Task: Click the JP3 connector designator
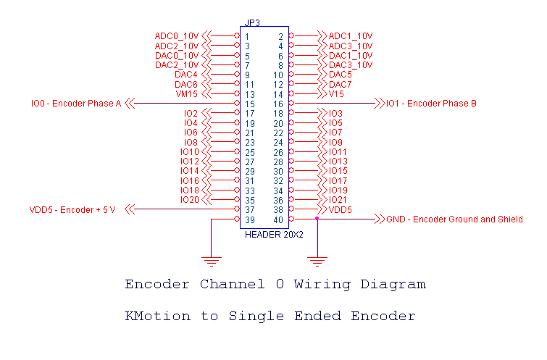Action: pyautogui.click(x=253, y=22)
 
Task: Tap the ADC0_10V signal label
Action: pyautogui.click(x=176, y=36)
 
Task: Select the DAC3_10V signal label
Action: pyautogui.click(x=351, y=64)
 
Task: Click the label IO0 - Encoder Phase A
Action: pyautogui.click(x=76, y=104)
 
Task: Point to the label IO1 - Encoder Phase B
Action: pyautogui.click(x=431, y=104)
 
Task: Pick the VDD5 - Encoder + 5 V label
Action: pyautogui.click(x=72, y=209)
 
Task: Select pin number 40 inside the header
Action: pyautogui.click(x=279, y=219)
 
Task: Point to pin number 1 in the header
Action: pyautogui.click(x=247, y=36)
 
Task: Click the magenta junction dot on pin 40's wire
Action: pyautogui.click(x=317, y=218)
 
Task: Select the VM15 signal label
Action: pyautogui.click(x=186, y=94)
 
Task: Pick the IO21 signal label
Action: pyautogui.click(x=338, y=200)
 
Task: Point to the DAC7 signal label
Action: pyautogui.click(x=341, y=85)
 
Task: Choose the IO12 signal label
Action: pyautogui.click(x=189, y=162)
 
